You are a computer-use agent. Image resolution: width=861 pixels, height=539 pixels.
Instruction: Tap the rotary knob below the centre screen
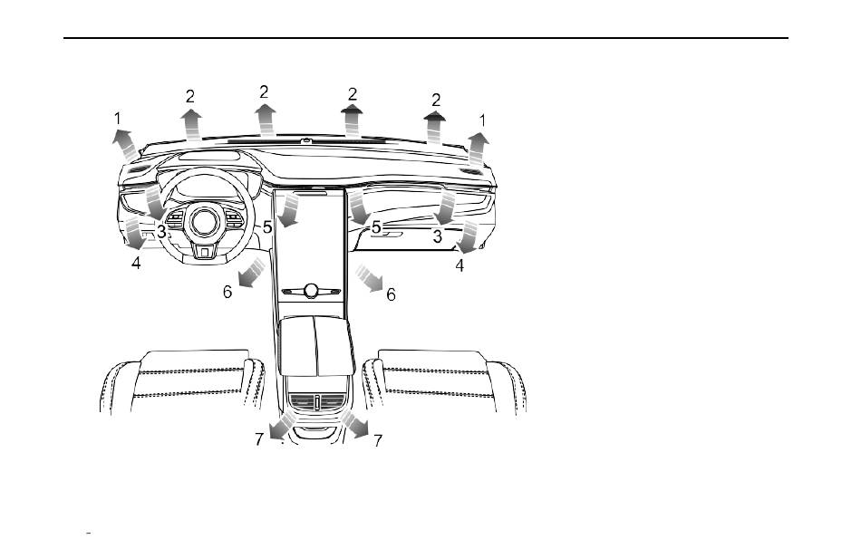[x=312, y=291]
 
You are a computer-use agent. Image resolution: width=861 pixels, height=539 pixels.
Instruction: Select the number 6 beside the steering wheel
[x=227, y=292]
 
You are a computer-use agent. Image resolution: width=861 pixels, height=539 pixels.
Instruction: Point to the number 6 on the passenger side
[x=391, y=294]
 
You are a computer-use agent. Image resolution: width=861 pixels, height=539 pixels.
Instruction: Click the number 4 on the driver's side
[x=136, y=264]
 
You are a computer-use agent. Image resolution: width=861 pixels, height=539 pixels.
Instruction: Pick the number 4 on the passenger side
[x=460, y=265]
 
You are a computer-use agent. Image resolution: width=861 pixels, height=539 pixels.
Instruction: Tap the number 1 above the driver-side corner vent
[x=117, y=118]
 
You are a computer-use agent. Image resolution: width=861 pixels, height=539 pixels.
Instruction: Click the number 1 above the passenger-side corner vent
[x=483, y=120]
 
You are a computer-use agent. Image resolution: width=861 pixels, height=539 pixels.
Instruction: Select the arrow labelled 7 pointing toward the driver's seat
[x=283, y=426]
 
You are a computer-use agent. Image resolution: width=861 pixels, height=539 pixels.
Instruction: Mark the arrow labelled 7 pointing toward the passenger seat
[x=354, y=424]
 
